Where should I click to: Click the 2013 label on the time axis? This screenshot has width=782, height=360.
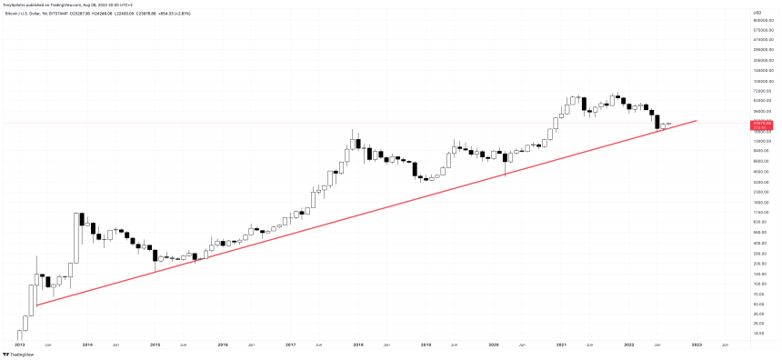pos(20,345)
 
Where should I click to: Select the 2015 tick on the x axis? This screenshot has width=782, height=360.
pos(155,345)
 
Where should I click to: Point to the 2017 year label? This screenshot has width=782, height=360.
pos(290,345)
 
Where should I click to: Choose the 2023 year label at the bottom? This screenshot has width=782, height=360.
pos(697,345)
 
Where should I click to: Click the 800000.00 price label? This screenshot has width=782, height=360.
pos(762,20)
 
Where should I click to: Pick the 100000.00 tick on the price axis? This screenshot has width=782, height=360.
pos(762,81)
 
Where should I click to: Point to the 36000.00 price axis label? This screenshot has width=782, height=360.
pos(762,111)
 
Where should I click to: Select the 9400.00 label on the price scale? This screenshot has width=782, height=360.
pos(762,151)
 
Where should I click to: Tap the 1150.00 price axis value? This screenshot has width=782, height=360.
pos(762,212)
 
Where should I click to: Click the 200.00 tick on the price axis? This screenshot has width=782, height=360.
pos(762,264)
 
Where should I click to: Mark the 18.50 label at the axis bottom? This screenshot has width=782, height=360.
pos(762,334)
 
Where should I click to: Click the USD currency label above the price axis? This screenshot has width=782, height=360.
pos(757,11)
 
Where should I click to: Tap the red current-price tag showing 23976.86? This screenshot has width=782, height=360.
pos(762,124)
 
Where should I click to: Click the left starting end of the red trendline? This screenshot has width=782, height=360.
pos(36,305)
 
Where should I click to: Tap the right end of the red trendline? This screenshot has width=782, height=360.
pos(697,119)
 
